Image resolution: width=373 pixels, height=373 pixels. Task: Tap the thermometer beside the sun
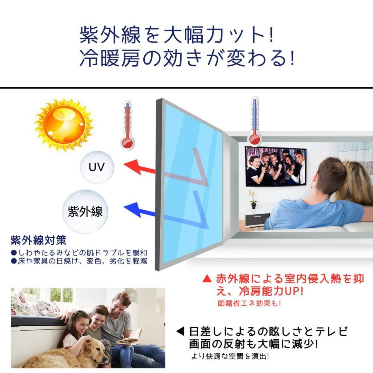coord(127,124)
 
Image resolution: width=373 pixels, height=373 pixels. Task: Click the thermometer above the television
coord(255,121)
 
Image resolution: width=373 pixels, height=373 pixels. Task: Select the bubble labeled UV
coord(97,168)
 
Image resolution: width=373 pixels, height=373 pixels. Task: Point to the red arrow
coord(140,168)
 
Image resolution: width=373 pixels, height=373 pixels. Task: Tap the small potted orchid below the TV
coord(253,200)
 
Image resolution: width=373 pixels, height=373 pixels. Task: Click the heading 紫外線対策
coord(39,240)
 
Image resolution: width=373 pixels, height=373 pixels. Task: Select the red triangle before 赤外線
coord(207,278)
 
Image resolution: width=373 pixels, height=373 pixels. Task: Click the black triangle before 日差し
coord(181,332)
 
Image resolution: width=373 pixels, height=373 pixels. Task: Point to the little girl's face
coord(80,325)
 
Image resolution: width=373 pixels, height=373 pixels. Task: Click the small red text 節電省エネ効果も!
coord(249,304)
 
